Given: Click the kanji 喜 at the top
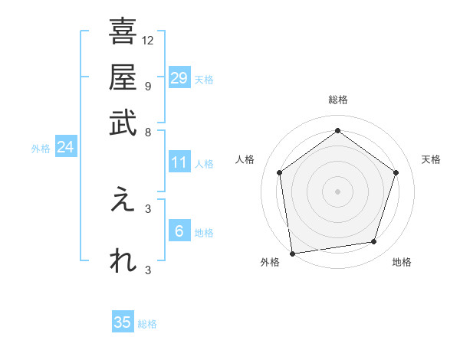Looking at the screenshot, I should [123, 32].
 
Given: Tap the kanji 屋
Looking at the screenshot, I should [123, 77].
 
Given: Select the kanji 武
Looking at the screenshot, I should [123, 123].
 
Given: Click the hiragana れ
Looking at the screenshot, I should [123, 260].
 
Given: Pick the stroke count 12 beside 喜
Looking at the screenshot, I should [148, 40].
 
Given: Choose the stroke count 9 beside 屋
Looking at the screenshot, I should [147, 85].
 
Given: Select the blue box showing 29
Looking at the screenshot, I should [179, 78].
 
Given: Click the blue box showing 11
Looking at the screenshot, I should [179, 162].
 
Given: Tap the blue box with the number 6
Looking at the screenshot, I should [179, 231].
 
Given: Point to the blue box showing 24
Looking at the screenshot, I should [65, 147].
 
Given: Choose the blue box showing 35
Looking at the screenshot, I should [123, 322].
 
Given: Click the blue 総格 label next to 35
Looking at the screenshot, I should [147, 324].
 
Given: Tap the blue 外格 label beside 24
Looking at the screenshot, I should [41, 149].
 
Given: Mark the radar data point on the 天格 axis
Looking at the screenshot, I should [396, 172].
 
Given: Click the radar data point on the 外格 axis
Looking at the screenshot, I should [292, 253].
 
